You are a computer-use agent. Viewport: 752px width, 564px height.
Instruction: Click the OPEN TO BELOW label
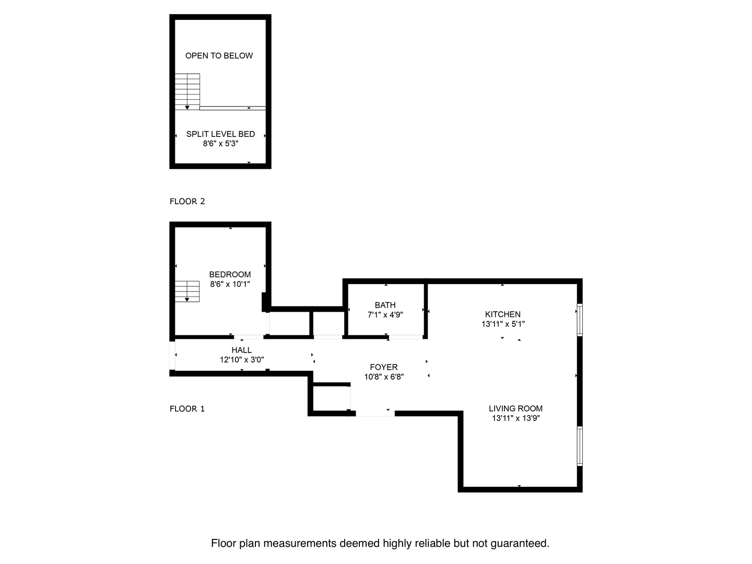(x=219, y=56)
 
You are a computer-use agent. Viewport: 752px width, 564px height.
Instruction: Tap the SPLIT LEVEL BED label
(x=220, y=134)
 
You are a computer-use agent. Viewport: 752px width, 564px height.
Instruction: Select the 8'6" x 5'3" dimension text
(x=220, y=144)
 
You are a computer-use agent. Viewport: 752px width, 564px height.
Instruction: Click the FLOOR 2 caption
(x=187, y=202)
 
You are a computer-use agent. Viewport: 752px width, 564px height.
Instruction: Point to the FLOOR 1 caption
(x=187, y=409)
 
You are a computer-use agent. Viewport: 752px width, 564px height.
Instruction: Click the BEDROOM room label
(x=230, y=275)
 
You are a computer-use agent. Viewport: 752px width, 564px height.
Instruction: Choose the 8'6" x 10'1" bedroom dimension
(x=230, y=285)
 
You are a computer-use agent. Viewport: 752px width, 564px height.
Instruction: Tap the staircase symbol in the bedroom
(x=187, y=291)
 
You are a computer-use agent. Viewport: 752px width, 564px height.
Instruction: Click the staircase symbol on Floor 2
(x=187, y=91)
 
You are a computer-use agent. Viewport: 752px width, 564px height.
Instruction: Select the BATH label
(x=385, y=305)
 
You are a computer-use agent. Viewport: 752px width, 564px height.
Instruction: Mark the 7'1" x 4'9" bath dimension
(x=385, y=315)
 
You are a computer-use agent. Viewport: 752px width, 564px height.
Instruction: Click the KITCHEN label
(x=502, y=314)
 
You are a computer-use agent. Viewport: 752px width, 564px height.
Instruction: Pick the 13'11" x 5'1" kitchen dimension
(x=503, y=324)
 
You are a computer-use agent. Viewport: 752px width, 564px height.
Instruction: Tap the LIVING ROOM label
(x=515, y=409)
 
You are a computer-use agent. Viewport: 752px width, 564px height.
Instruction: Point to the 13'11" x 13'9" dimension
(x=515, y=418)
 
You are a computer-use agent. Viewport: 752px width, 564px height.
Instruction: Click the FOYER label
(x=384, y=368)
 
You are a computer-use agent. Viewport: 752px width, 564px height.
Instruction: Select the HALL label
(x=242, y=350)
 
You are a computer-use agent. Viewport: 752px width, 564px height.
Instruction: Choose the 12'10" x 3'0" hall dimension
(x=242, y=360)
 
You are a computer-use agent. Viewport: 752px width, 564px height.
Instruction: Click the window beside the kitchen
(x=580, y=320)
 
